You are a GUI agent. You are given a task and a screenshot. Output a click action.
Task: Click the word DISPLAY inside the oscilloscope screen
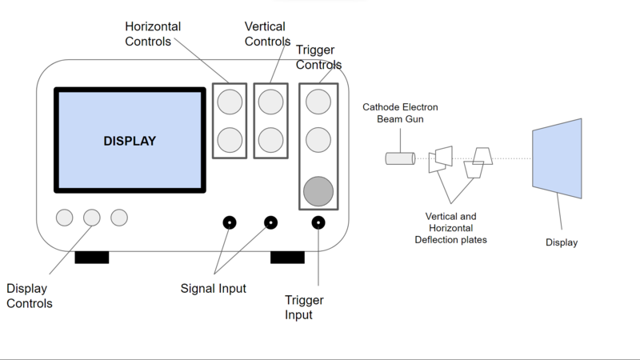[x=130, y=141]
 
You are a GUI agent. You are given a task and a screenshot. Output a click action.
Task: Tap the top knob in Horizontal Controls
[x=230, y=102]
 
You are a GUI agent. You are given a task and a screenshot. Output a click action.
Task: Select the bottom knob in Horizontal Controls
[x=230, y=139]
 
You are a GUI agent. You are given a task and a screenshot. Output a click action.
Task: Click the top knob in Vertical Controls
[x=270, y=102]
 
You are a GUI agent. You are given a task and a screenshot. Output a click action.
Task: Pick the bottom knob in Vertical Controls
[x=270, y=139]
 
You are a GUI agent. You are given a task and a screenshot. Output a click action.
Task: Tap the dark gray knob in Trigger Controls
[x=318, y=190]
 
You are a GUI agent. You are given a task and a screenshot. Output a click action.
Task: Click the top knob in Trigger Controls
[x=318, y=102]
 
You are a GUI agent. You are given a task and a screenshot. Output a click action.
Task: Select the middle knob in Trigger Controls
[x=318, y=139]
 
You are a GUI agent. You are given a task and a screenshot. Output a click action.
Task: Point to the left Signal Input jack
[x=229, y=222]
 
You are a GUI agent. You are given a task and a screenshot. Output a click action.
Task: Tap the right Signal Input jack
[x=270, y=222]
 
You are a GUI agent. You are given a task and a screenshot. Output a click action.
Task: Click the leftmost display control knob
[x=64, y=217]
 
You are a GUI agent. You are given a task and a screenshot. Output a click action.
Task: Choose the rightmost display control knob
[x=119, y=217]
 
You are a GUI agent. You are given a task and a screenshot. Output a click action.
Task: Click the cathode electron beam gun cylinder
[x=399, y=158]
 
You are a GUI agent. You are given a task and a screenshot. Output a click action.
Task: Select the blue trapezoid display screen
[x=558, y=158]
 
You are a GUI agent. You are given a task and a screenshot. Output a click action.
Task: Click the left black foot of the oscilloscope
[x=91, y=257]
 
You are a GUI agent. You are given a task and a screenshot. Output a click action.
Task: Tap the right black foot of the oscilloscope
[x=287, y=257]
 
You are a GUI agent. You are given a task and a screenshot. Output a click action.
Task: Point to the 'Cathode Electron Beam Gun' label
[x=400, y=113]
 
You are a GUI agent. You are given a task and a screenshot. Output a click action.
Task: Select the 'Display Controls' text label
[x=30, y=296]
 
